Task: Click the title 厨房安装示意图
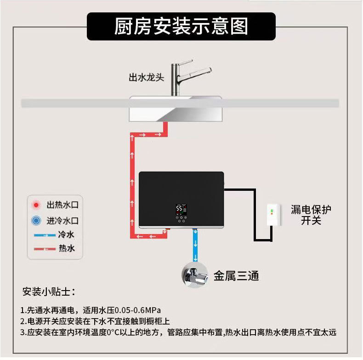[181, 26]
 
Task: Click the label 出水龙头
[146, 77]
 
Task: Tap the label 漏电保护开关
[311, 215]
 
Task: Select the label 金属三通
[236, 276]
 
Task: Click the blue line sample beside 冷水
[45, 235]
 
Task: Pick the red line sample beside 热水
[45, 249]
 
